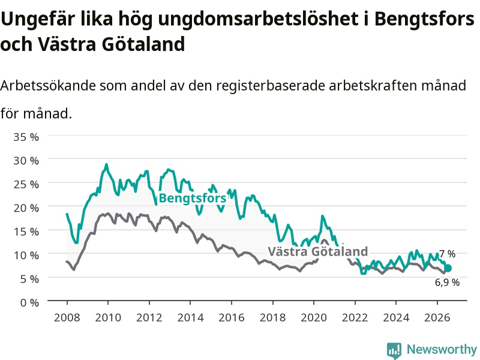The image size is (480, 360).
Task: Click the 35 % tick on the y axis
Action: pyautogui.click(x=26, y=137)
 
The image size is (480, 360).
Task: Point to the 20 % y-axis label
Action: pyautogui.click(x=26, y=208)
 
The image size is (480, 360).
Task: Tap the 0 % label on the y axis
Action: pyautogui.click(x=29, y=303)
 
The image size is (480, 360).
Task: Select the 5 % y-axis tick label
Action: pyautogui.click(x=29, y=279)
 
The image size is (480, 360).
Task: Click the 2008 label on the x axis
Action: pyautogui.click(x=67, y=317)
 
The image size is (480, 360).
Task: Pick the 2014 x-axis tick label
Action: pyautogui.click(x=190, y=317)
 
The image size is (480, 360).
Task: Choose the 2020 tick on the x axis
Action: pyautogui.click(x=314, y=317)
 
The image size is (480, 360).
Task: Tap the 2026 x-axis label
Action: pyautogui.click(x=437, y=317)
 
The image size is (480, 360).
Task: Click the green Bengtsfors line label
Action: pyautogui.click(x=193, y=198)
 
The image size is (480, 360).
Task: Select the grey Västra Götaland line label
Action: pyautogui.click(x=318, y=251)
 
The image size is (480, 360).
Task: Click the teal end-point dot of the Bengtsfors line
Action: pyautogui.click(x=448, y=268)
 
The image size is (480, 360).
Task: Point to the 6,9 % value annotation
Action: pyautogui.click(x=447, y=282)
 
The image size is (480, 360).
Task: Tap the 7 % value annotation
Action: pyautogui.click(x=447, y=254)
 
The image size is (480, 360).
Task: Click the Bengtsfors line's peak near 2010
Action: pyautogui.click(x=107, y=164)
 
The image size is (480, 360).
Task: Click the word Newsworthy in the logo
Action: pyautogui.click(x=442, y=349)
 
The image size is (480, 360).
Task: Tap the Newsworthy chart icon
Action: pyautogui.click(x=394, y=350)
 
